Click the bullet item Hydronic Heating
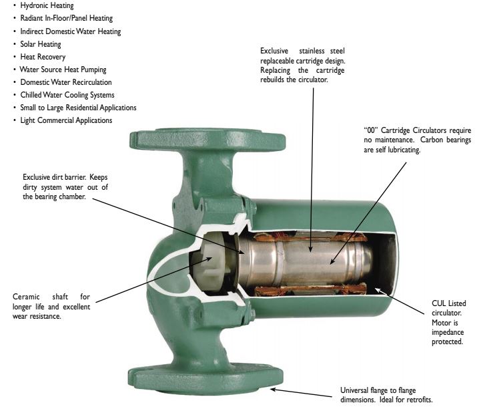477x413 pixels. click(47, 5)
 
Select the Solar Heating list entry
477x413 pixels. click(41, 44)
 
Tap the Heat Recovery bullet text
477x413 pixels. click(43, 57)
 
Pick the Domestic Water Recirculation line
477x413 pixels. click(65, 82)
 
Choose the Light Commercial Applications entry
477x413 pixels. click(66, 120)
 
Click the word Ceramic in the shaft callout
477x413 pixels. click(26, 297)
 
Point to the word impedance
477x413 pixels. click(448, 332)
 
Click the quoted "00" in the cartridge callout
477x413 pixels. click(370, 130)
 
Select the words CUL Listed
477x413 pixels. click(449, 303)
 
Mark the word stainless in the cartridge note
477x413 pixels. click(312, 51)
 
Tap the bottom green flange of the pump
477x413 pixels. click(205, 380)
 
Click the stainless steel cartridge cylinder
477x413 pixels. click(304, 261)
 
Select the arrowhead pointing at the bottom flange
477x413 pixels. click(274, 389)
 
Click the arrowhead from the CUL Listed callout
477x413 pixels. click(378, 290)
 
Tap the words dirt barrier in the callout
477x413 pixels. click(69, 177)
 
